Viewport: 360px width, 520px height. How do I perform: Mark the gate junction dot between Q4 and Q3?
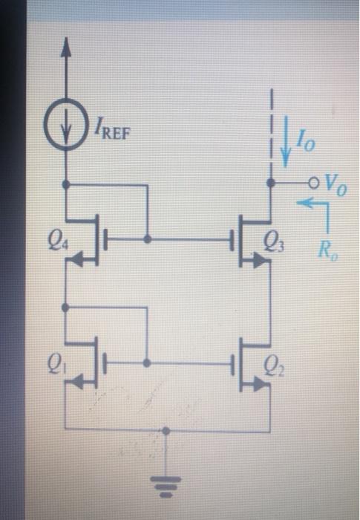coord(148,240)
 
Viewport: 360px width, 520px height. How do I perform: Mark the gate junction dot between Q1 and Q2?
coord(148,363)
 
